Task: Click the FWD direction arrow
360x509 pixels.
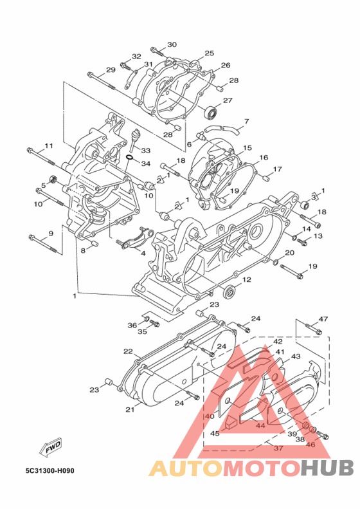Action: tap(50, 449)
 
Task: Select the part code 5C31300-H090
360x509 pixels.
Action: tap(50, 470)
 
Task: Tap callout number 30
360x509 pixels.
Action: tap(172, 44)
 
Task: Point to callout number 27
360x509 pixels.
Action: tap(228, 100)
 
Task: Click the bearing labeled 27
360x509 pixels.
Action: tap(211, 113)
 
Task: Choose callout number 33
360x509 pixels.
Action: tap(146, 151)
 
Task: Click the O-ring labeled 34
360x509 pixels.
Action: tap(129, 158)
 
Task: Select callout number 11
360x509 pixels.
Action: tap(49, 146)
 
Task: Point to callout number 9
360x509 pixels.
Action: tap(51, 233)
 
